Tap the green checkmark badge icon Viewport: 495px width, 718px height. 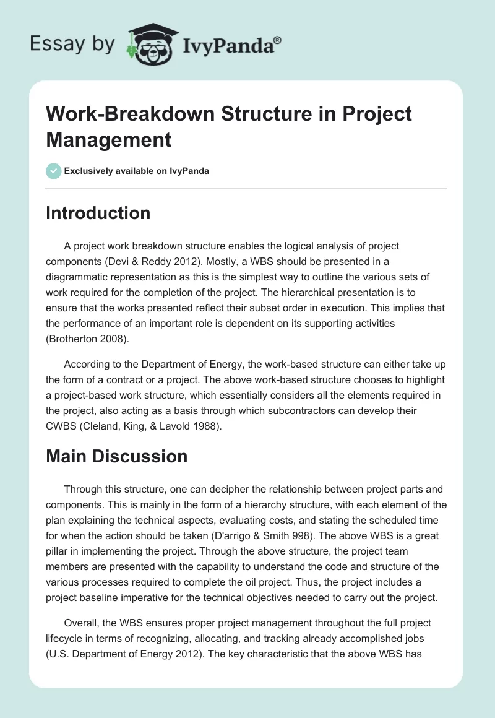[x=54, y=171]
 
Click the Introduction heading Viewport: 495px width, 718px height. [x=98, y=213]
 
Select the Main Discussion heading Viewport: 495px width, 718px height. [x=117, y=456]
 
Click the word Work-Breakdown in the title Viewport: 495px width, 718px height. [x=117, y=114]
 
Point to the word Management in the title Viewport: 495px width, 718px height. [x=109, y=139]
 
